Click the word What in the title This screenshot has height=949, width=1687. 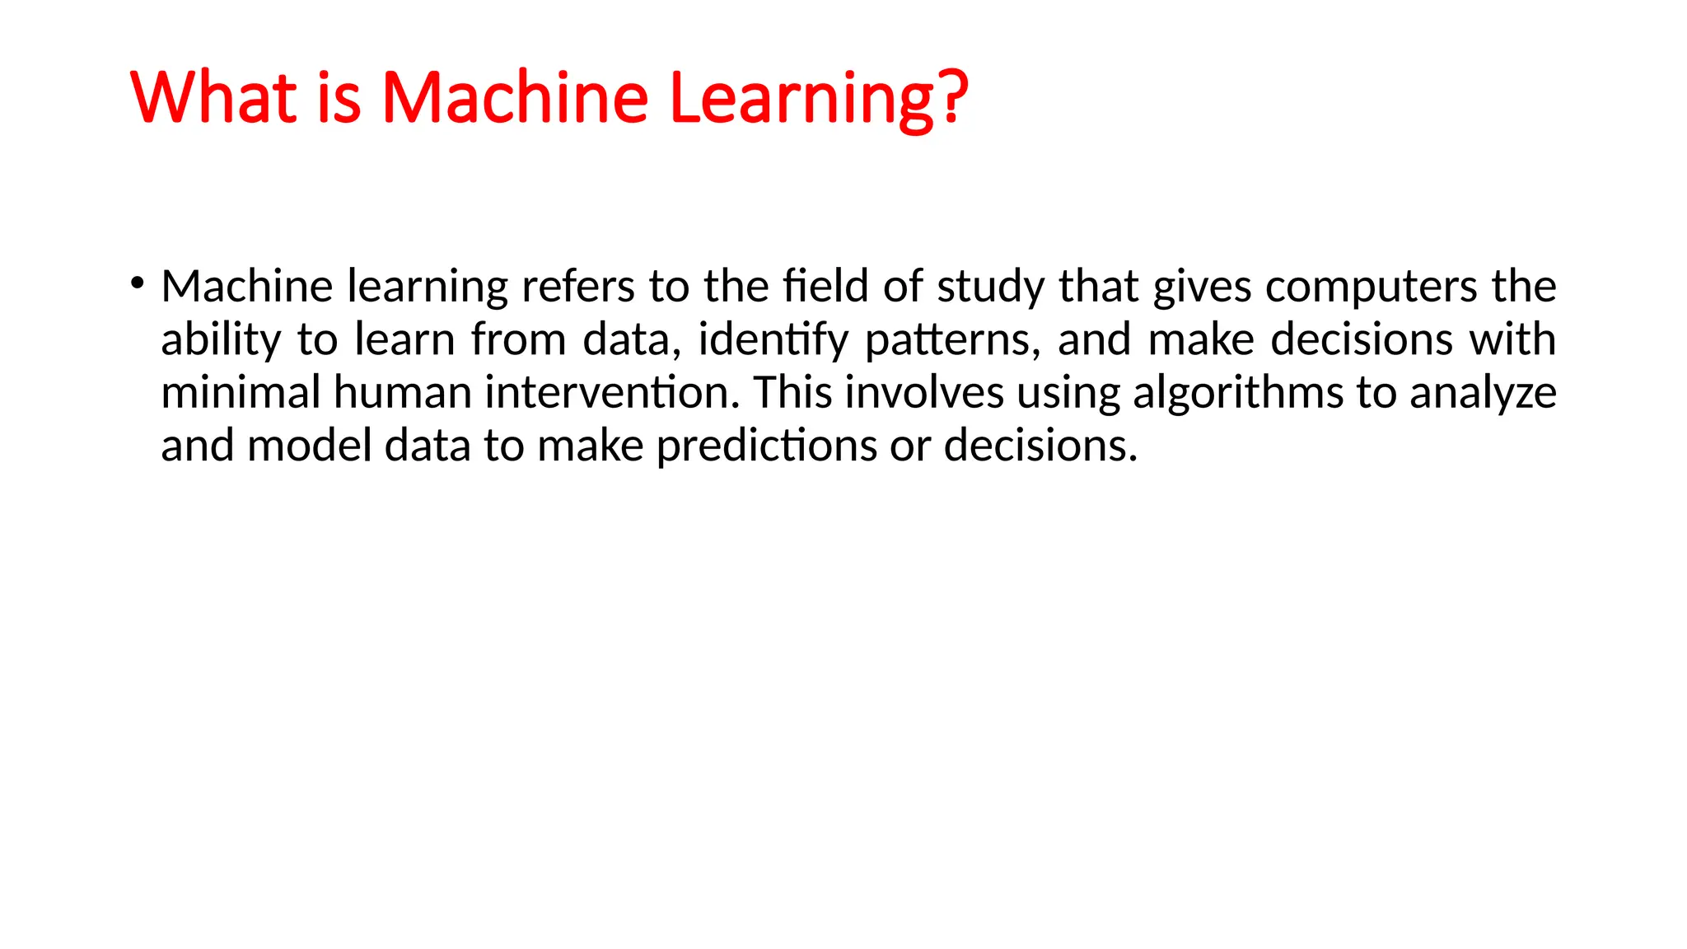coord(213,97)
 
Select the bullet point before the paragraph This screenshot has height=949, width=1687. coord(137,285)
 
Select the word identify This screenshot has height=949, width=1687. coord(773,340)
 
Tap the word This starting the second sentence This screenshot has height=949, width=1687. coord(792,392)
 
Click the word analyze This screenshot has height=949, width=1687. coord(1483,394)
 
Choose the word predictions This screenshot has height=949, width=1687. coord(766,446)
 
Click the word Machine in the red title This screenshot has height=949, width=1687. coord(515,97)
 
